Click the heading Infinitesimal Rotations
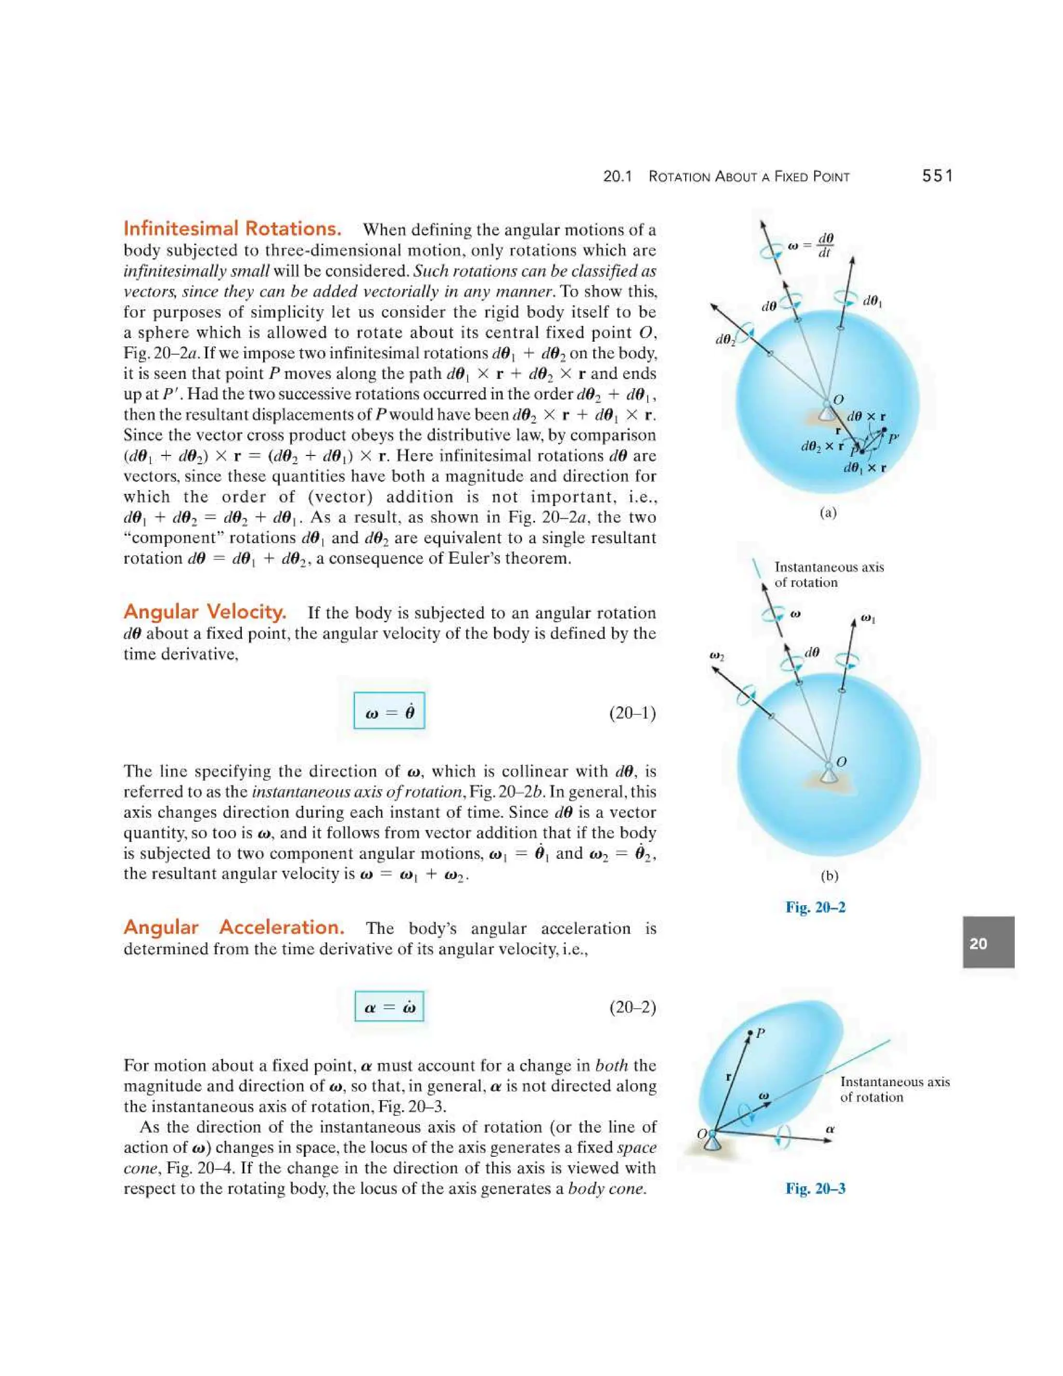[233, 228]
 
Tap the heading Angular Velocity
[205, 611]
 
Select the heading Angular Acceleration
[234, 927]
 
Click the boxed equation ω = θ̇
[389, 711]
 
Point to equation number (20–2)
[632, 1007]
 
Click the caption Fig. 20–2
[815, 907]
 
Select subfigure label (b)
[829, 876]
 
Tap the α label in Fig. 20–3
[830, 1130]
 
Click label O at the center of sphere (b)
[841, 762]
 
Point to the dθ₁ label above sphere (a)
[872, 301]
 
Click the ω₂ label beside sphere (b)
[717, 656]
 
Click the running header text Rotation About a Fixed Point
[749, 177]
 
